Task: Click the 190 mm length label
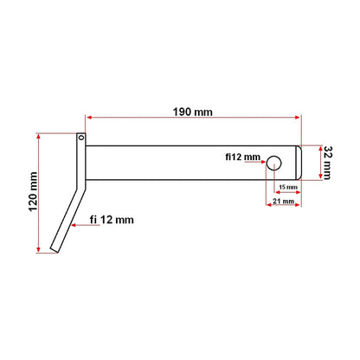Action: click(194, 112)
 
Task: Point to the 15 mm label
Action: click(287, 186)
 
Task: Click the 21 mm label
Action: click(281, 202)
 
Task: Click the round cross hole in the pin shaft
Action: click(274, 162)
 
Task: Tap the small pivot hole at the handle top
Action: click(80, 137)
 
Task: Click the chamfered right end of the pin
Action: click(299, 162)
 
